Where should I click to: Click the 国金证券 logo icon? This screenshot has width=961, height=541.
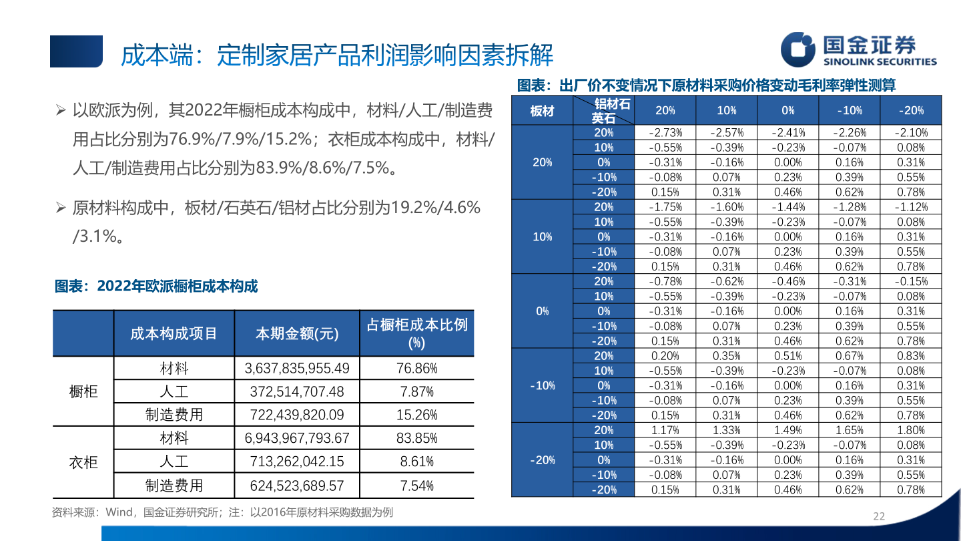(799, 50)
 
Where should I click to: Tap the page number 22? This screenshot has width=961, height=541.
(879, 516)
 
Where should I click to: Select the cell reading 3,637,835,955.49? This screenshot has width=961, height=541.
(297, 368)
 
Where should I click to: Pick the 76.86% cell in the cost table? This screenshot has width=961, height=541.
(416, 368)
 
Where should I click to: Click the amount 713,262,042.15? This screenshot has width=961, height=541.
(297, 462)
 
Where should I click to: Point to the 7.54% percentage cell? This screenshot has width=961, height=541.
(416, 486)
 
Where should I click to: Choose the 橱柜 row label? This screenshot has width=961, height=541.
(83, 391)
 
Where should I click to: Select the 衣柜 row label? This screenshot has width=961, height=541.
(83, 462)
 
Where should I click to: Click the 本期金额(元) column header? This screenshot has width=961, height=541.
(297, 333)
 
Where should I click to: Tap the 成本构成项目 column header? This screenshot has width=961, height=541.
(174, 333)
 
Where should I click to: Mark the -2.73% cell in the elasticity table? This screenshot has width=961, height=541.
(665, 132)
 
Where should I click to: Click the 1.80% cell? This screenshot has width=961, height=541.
(911, 430)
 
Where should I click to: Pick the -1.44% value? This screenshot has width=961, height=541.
(788, 207)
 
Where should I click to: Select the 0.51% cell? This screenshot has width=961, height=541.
(788, 356)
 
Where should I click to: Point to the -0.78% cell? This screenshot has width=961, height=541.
(665, 281)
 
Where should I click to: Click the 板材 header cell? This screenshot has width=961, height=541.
(542, 111)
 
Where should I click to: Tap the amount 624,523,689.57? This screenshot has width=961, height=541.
(297, 486)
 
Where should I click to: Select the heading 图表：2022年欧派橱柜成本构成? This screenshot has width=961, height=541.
(156, 287)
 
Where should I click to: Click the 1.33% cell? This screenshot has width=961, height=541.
(726, 430)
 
